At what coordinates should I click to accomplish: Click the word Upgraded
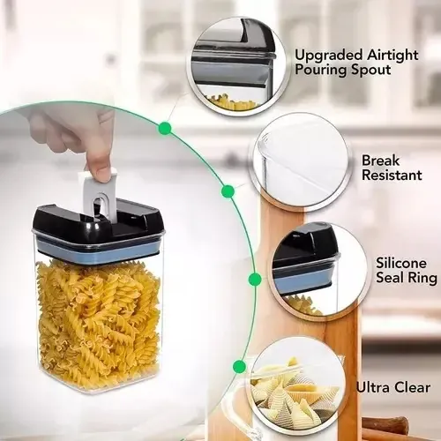[328, 56]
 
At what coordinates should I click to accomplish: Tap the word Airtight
[392, 55]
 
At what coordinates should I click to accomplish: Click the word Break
[380, 161]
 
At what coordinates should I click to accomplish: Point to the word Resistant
[392, 175]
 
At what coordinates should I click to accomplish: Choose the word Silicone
[401, 263]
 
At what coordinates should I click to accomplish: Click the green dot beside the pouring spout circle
[165, 129]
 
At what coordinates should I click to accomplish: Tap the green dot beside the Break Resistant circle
[228, 191]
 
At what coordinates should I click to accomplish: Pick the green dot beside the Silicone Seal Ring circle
[255, 279]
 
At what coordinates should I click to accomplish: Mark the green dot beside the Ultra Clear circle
[239, 366]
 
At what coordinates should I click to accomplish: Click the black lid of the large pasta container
[98, 227]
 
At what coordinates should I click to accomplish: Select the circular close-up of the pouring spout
[235, 65]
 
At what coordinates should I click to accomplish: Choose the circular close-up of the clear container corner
[301, 162]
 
